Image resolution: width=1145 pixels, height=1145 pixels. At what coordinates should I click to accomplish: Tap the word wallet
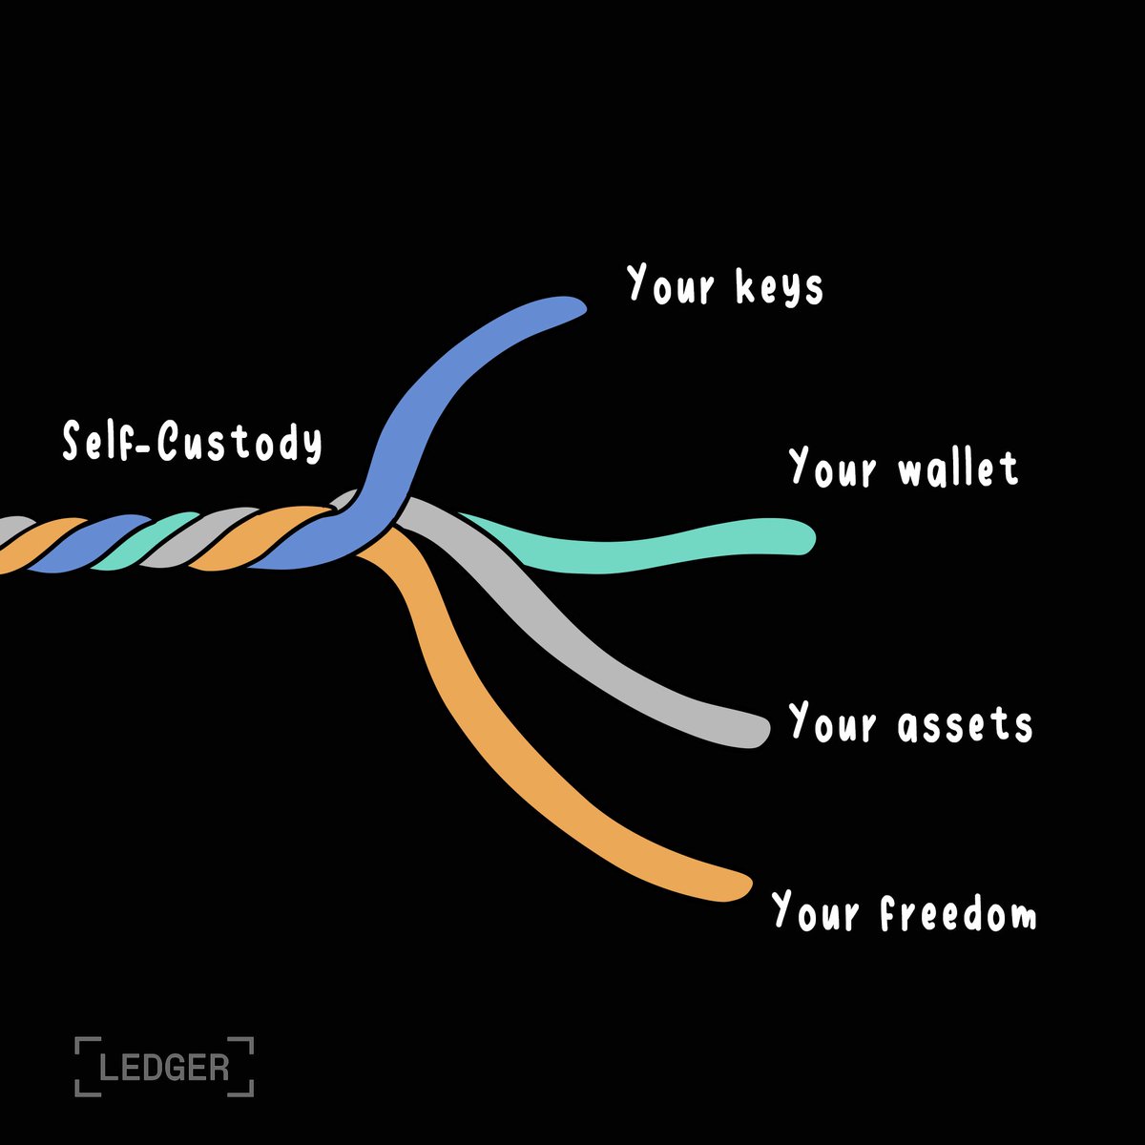click(x=958, y=468)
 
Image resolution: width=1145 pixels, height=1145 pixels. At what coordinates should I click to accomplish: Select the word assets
click(x=965, y=724)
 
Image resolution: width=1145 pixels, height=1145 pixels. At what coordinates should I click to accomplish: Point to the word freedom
click(x=957, y=913)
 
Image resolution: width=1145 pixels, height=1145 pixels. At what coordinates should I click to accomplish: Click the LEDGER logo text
click(x=164, y=1066)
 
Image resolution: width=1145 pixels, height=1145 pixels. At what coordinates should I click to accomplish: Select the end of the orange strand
click(x=739, y=886)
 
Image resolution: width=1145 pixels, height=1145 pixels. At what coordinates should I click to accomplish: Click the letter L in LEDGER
click(x=109, y=1066)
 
